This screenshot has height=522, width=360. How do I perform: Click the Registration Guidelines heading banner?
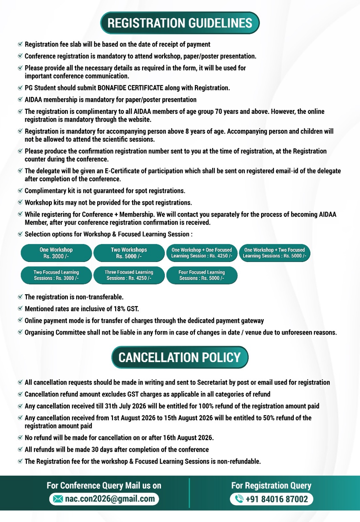(180, 23)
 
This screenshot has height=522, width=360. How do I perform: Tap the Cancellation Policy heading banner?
(180, 357)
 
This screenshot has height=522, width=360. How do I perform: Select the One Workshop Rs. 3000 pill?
(56, 253)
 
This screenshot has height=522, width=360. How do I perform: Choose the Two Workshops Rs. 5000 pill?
(129, 253)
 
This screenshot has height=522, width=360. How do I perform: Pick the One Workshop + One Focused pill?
(202, 253)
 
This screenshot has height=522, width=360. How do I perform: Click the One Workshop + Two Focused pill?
(274, 253)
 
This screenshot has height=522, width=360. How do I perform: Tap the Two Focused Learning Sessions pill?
(56, 275)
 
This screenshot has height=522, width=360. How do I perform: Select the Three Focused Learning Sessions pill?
(129, 275)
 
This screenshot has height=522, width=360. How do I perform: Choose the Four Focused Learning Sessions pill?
(202, 275)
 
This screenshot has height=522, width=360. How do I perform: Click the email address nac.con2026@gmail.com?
(110, 499)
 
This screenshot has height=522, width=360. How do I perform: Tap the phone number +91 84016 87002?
(276, 499)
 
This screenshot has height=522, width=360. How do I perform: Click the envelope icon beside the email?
(58, 499)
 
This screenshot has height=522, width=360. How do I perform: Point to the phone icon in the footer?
(239, 499)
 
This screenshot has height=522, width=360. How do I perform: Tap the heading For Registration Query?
(271, 485)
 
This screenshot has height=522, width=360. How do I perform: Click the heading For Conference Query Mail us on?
(104, 485)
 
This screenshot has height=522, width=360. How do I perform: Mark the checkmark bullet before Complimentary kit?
(20, 191)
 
